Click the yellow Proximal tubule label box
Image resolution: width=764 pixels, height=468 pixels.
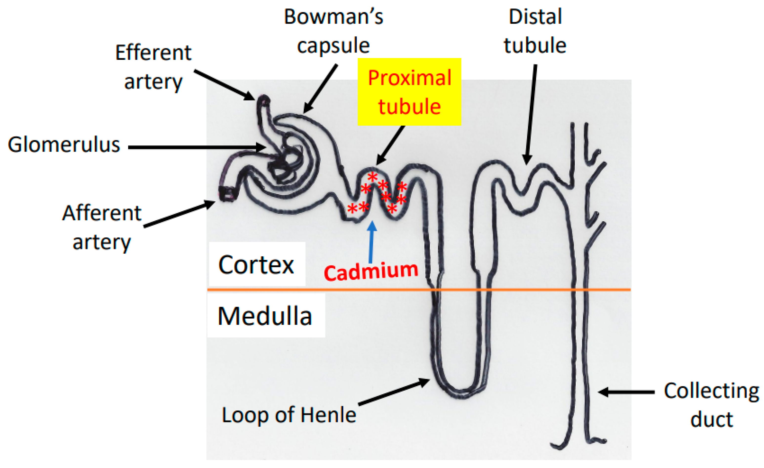409,92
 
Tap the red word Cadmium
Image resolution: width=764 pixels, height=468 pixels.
371,271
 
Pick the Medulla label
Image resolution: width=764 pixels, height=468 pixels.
265,316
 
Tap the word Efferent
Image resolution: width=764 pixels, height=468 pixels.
153,53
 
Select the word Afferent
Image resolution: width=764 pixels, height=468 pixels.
102,214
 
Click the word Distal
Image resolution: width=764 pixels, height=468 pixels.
535,17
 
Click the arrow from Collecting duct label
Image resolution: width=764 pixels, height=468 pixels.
626,392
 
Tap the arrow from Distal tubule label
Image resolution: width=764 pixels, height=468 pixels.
531,113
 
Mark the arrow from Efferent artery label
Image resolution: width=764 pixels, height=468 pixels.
225,84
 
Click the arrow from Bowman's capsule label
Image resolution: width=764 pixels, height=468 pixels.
321,89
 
